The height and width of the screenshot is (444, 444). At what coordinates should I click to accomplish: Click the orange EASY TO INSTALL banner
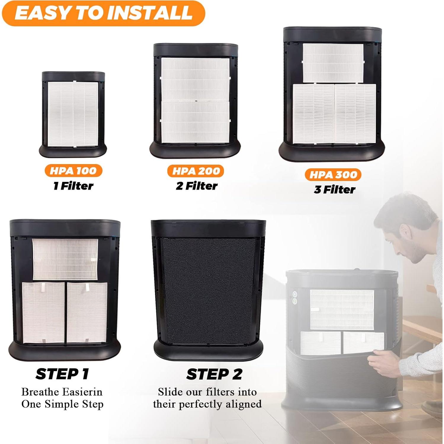coord(103,13)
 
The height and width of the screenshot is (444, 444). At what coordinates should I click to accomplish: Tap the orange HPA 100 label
coord(73,171)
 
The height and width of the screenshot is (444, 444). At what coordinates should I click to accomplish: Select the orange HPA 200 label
coord(196,171)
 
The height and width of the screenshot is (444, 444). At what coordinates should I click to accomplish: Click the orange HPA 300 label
coord(333,174)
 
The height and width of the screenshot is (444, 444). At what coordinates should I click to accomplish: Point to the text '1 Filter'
coord(73,186)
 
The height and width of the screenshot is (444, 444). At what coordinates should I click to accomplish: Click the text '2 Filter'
coord(197,186)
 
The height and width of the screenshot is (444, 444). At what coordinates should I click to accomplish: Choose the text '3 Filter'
coord(334,190)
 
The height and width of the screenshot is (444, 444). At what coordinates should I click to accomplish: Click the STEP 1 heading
coord(62,374)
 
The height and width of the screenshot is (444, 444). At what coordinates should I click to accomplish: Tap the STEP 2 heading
coord(214,374)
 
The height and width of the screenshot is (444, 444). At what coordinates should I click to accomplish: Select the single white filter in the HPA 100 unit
coord(73,114)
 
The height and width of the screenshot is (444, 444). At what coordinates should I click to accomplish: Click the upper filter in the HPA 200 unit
coord(195,79)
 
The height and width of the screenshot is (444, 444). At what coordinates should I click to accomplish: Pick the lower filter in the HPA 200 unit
coord(195,121)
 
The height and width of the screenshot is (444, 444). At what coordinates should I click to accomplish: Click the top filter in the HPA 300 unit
coord(333,63)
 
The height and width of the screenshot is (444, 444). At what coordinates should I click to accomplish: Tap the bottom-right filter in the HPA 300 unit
coord(355,113)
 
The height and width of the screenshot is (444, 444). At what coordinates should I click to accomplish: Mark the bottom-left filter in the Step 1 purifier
coord(44,312)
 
